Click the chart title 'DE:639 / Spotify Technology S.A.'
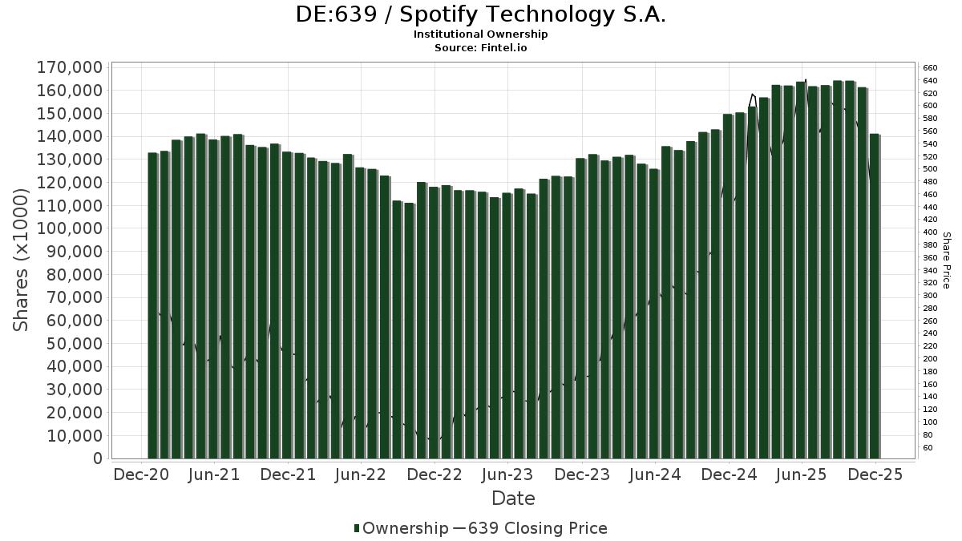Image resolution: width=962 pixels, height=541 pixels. click(x=480, y=14)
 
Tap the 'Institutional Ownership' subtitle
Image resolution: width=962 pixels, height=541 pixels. click(x=480, y=34)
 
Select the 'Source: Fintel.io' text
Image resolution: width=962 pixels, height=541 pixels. click(x=480, y=47)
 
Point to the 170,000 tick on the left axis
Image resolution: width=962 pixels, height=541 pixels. click(x=70, y=67)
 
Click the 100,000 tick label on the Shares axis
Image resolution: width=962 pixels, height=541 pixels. click(x=70, y=228)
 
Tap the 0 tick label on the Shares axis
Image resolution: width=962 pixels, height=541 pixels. click(x=98, y=458)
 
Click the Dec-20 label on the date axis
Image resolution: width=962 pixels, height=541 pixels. click(x=141, y=474)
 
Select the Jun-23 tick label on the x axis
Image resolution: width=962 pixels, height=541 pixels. click(x=507, y=474)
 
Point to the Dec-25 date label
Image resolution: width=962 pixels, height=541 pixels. click(x=875, y=474)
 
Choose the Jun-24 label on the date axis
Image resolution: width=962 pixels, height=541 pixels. click(x=655, y=474)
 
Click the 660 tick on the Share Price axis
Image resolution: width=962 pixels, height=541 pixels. click(x=930, y=68)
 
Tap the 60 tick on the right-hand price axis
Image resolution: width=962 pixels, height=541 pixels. click(x=928, y=447)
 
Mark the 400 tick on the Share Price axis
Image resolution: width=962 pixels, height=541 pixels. click(x=930, y=232)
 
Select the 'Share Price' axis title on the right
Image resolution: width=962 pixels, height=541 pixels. click(x=946, y=260)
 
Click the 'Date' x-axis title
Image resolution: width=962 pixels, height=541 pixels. click(x=513, y=499)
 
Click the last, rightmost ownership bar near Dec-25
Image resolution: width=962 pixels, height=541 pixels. click(x=874, y=296)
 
